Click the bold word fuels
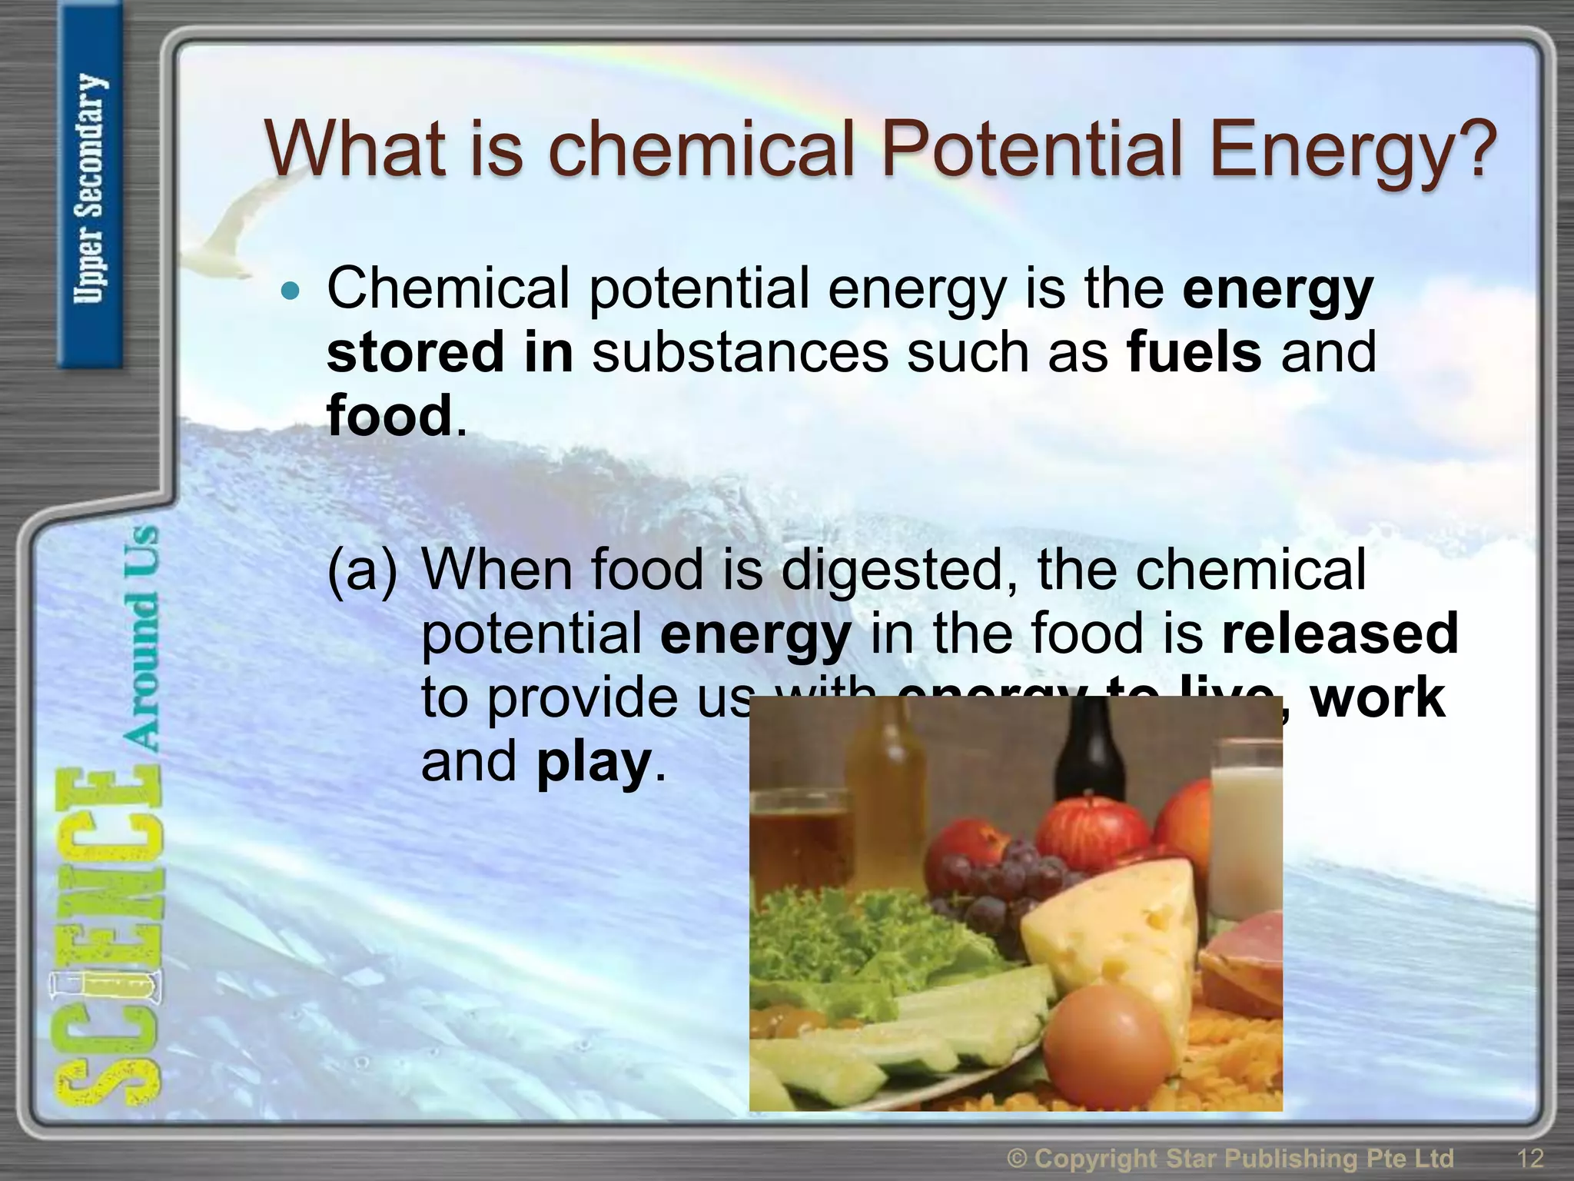tap(1194, 352)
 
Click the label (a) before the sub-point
tap(362, 571)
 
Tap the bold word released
tap(1340, 634)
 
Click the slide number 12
tap(1529, 1158)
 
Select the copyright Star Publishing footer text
tap(1230, 1158)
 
